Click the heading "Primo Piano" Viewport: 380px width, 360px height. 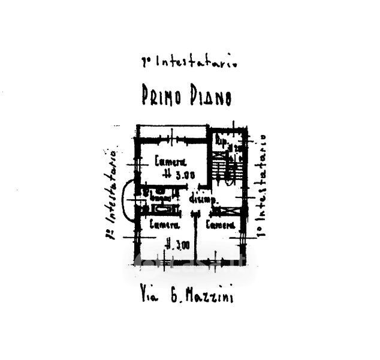point(186,96)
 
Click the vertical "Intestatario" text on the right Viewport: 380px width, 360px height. point(262,186)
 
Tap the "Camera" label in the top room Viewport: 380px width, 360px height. point(171,161)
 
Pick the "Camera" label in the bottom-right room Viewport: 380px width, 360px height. point(220,226)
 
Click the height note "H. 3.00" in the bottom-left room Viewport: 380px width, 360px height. point(177,244)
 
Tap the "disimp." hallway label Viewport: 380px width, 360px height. point(202,199)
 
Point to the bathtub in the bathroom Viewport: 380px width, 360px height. point(163,209)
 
